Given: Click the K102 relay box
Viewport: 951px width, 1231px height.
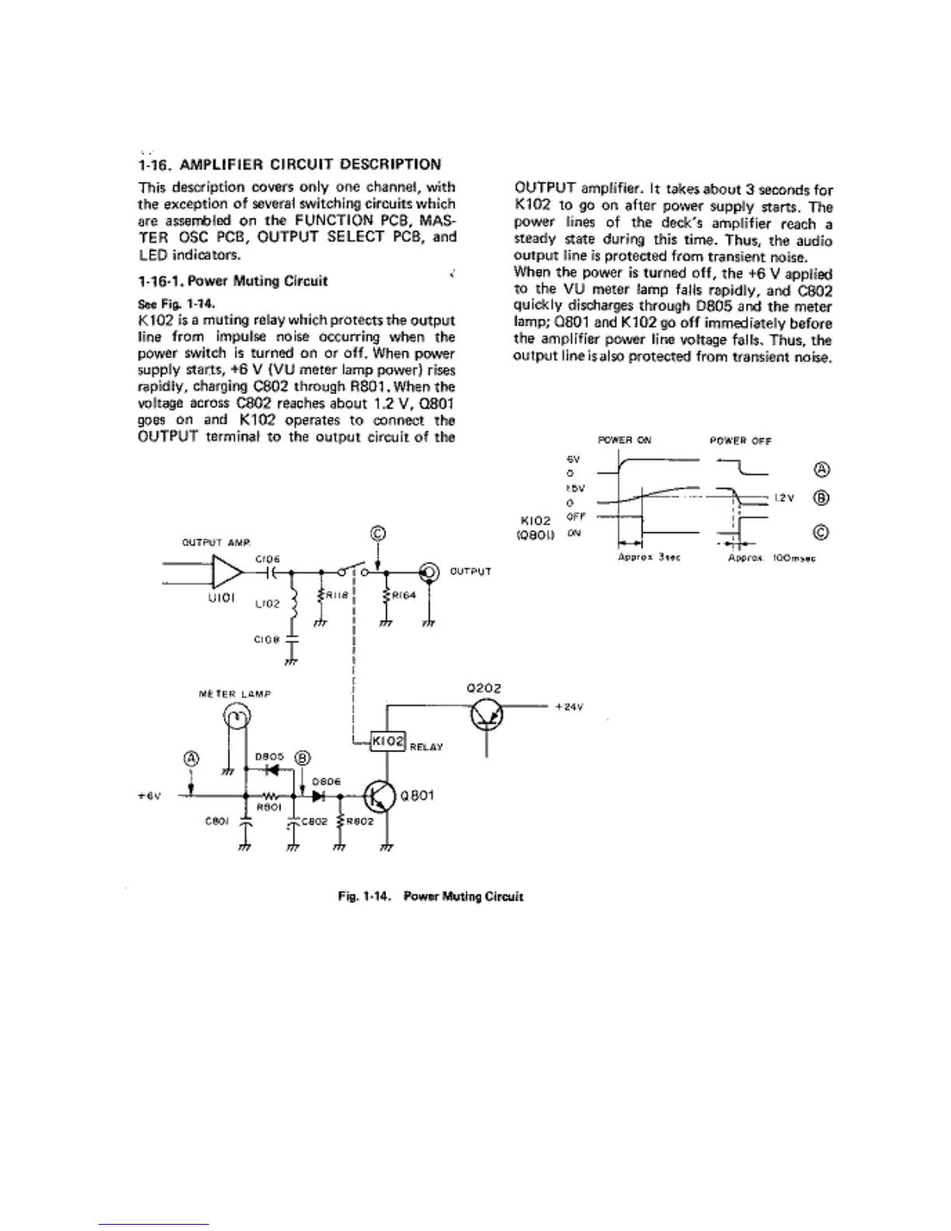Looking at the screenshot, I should point(387,741).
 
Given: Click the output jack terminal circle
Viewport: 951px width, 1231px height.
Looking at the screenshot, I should point(428,573).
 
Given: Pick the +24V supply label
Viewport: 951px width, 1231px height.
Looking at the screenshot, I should point(570,707).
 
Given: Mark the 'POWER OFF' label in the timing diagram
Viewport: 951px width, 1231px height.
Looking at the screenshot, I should point(740,441).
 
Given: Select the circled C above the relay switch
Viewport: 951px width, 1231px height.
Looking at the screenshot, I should point(378,533).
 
